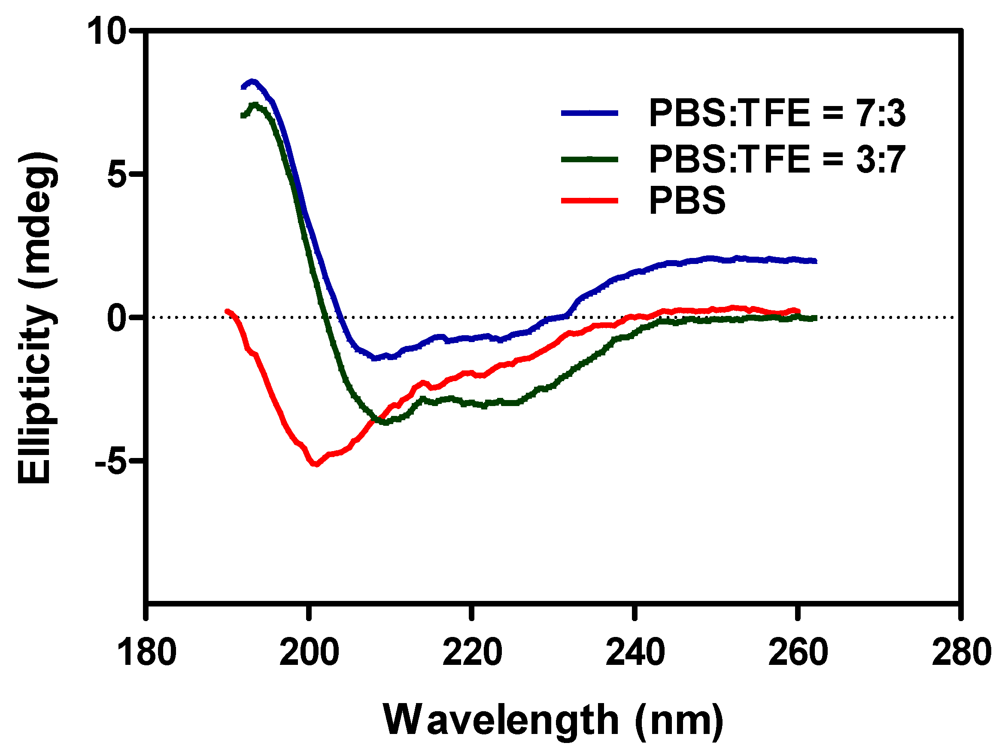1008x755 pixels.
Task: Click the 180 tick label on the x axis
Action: click(x=146, y=652)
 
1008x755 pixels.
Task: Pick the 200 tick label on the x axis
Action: click(x=310, y=652)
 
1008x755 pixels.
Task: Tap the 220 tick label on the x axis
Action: click(x=472, y=652)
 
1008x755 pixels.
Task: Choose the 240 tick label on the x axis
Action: click(x=635, y=652)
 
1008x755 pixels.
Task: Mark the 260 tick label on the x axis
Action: click(x=798, y=652)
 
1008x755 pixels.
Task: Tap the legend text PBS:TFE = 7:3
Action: click(x=777, y=113)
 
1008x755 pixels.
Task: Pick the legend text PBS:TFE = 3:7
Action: click(x=777, y=160)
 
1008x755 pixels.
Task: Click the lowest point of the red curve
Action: click(x=316, y=464)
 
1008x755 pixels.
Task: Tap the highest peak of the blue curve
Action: click(x=252, y=82)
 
